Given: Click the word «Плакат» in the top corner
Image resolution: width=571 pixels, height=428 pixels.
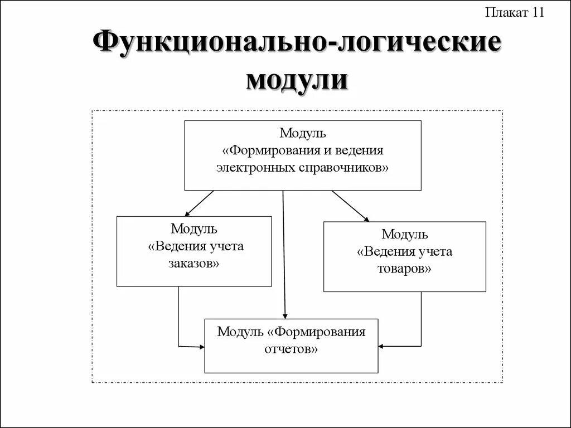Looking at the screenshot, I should point(506,13).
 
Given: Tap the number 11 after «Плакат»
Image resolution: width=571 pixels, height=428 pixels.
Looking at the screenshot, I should point(537,13).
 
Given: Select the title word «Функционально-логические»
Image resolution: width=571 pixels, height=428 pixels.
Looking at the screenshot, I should point(297,44).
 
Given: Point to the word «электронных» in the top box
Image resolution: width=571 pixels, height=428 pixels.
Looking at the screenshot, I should point(255,167).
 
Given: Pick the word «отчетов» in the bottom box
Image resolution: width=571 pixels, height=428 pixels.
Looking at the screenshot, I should point(291,349).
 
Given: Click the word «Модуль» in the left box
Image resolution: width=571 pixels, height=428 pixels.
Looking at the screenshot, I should point(194,229).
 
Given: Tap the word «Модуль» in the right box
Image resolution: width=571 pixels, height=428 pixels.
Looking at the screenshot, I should point(405,234).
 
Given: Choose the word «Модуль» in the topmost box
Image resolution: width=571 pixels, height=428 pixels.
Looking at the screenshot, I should point(303,134).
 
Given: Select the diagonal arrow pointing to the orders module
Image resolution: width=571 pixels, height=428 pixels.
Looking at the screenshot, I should point(199,203).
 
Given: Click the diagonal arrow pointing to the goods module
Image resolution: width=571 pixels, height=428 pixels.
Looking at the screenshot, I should point(350,206).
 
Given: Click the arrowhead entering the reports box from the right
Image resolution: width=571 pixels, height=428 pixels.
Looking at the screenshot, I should point(382,347).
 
